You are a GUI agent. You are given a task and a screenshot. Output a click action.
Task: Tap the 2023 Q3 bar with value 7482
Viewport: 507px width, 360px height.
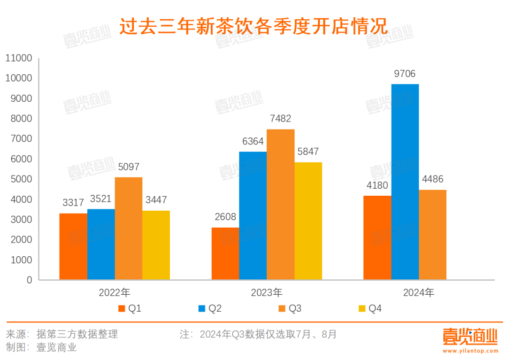coord(280,205)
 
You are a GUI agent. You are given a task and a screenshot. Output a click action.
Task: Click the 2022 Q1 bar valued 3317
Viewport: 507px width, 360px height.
coord(73,246)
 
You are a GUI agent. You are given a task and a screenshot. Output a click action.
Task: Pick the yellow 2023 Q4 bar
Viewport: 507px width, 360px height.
coord(308,221)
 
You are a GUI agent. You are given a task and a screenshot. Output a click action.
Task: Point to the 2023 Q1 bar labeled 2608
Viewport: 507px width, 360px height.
coord(225,253)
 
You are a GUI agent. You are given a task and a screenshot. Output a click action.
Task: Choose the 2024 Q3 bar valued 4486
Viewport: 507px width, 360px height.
coord(432,235)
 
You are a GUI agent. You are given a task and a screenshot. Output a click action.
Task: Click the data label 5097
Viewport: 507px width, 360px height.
coord(128,167)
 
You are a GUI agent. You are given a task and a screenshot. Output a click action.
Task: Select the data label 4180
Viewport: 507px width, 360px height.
coord(377,186)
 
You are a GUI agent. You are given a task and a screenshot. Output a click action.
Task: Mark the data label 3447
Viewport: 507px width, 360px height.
coord(156,200)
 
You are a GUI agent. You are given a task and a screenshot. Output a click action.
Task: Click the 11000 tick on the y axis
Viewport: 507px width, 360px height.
coord(19,58)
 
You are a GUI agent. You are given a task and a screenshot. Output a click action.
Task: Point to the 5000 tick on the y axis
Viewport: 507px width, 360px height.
coord(22,179)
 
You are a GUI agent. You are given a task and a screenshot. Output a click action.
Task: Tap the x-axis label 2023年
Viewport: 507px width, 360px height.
coord(267,293)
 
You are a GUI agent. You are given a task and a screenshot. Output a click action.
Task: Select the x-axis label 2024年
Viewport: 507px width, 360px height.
coord(419,293)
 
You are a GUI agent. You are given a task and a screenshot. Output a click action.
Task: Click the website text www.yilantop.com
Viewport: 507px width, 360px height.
coord(470,350)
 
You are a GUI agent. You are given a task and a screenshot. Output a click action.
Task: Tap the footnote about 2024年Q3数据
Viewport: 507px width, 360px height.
coord(258,334)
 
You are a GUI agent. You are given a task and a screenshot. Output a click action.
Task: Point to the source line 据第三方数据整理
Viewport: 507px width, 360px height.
coord(77,334)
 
